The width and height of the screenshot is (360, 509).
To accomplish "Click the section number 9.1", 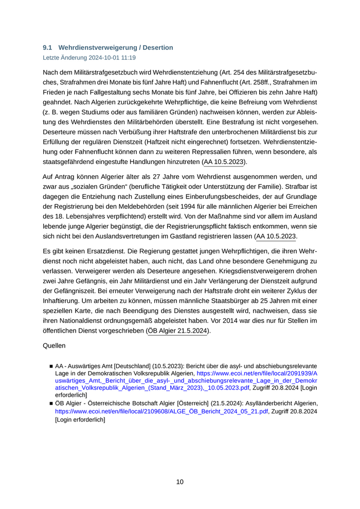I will [47, 47].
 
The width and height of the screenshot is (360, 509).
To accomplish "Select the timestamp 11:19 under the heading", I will [128, 58].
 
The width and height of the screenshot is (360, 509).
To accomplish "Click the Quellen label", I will [54, 346].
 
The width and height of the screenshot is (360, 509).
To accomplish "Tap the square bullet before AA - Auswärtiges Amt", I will [51, 366].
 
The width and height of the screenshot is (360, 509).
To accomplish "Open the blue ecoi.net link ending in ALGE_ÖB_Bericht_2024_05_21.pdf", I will [161, 412].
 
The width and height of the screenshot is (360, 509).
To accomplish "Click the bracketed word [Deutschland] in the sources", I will [134, 366].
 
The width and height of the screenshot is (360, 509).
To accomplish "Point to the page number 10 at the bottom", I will [180, 482].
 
